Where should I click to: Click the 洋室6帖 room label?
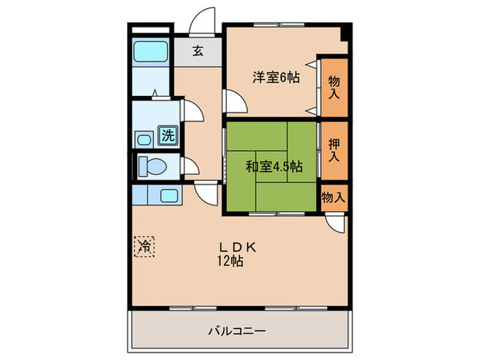coord(276,77)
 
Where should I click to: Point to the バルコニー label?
coord(237,331)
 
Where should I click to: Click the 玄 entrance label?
coord(197,50)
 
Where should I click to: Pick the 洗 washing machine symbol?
coord(167,135)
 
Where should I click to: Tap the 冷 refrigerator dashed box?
coord(145,245)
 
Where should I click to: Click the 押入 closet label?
coord(334,149)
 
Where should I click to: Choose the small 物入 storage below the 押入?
coord(333,197)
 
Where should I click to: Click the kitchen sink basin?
coord(169,195)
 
